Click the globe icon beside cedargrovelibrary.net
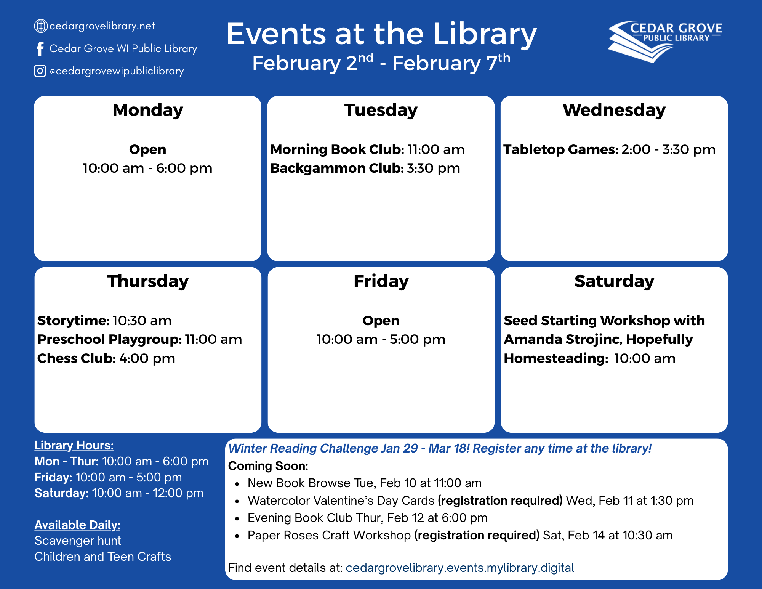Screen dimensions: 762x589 41,26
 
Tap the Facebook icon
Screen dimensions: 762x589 40,49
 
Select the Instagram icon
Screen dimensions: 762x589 40,71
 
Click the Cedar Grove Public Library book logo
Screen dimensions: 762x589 665,42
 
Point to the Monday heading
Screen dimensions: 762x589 148,110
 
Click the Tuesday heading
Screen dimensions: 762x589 381,110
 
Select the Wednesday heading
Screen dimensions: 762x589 614,110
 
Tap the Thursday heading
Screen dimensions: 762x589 148,281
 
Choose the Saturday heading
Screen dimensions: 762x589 614,281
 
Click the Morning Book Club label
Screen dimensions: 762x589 337,149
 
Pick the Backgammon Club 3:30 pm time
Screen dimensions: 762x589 434,168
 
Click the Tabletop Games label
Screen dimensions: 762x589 561,149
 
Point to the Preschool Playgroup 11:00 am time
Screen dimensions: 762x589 213,339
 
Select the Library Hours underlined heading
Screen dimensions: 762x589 74,446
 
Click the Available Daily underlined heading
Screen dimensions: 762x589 77,525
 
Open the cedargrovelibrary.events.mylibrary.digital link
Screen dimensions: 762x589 460,568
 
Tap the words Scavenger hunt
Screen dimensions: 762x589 78,541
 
